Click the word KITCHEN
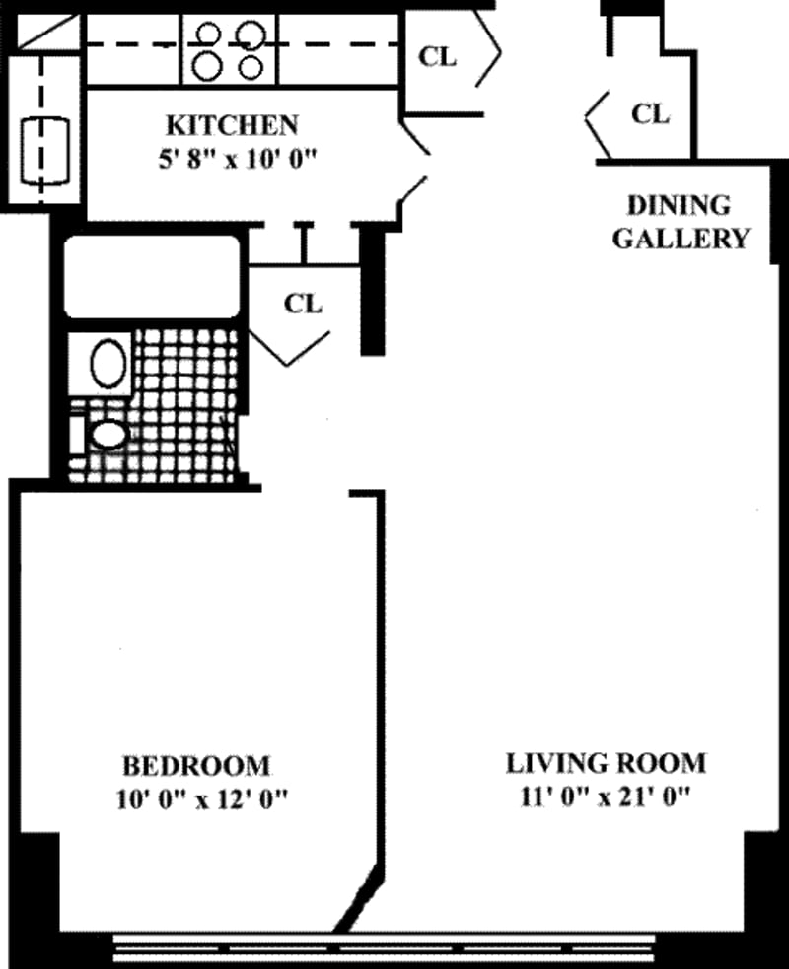231,125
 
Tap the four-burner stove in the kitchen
230,50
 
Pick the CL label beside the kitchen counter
438,57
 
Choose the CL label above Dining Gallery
649,113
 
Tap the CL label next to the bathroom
303,303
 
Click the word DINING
680,206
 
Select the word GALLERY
681,239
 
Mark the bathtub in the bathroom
153,276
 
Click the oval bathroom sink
108,363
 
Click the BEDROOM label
195,764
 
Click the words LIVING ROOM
606,762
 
